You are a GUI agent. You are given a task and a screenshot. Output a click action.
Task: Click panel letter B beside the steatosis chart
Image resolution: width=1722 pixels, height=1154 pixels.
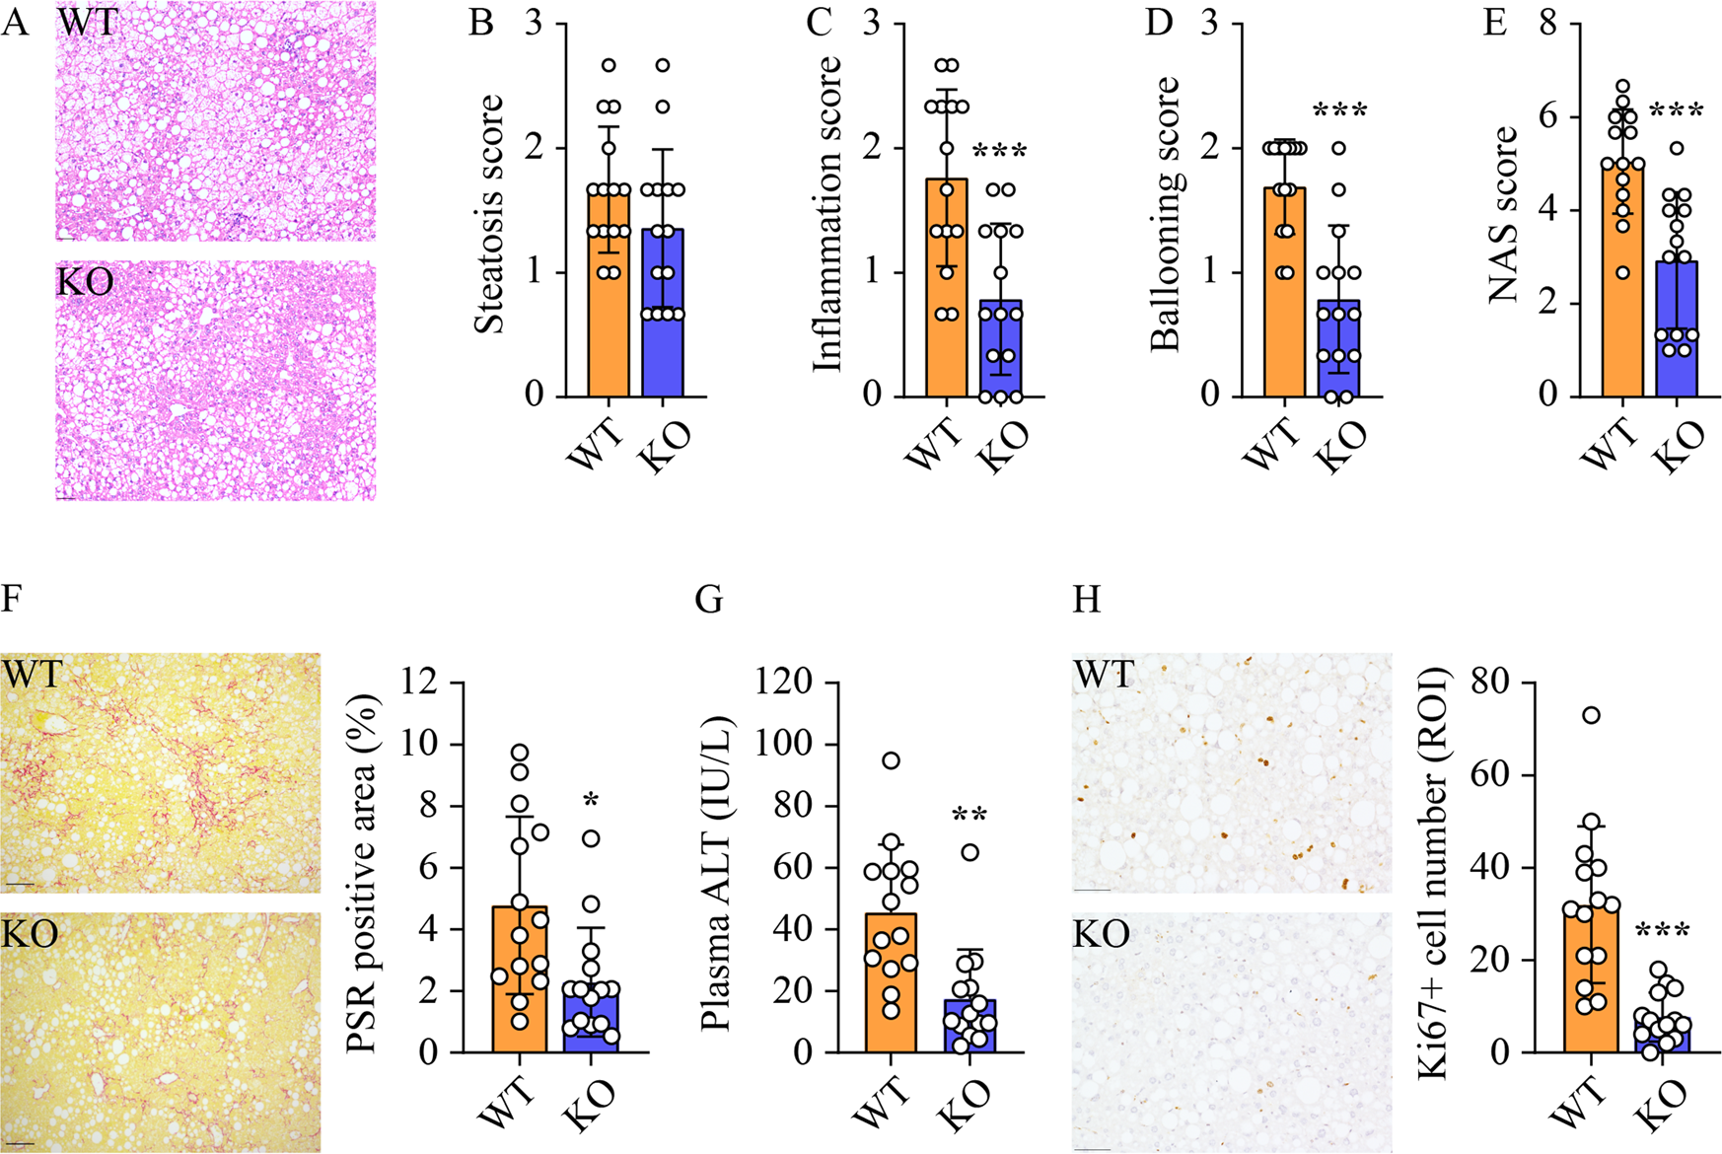pos(480,22)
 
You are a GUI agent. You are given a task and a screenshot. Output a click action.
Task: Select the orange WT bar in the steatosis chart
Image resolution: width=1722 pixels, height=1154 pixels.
pos(609,296)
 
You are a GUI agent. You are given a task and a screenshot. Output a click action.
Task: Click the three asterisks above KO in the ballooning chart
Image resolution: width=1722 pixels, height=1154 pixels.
pos(1339,110)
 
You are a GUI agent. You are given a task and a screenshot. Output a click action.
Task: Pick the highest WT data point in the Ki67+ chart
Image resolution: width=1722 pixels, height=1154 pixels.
pos(1590,715)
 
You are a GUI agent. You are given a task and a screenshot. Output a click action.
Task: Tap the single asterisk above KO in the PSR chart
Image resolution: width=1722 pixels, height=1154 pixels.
pos(591,801)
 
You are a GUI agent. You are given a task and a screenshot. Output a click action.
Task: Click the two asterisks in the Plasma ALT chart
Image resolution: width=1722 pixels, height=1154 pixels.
pos(970,816)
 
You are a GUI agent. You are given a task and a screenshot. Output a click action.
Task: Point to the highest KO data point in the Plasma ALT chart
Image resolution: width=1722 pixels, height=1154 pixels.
pos(970,852)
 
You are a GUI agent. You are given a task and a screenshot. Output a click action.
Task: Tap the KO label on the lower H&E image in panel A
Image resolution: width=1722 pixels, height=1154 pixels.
pos(86,282)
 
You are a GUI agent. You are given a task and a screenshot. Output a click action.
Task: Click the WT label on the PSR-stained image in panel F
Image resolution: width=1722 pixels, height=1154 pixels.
pos(32,676)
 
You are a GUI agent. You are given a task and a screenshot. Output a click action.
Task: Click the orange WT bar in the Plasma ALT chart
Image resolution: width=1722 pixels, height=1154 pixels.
pos(891,986)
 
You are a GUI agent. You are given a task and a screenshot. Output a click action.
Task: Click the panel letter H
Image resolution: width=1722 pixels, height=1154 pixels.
pos(1086,600)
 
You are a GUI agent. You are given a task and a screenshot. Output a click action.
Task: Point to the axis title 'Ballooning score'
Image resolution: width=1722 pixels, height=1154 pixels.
pos(1165,214)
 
